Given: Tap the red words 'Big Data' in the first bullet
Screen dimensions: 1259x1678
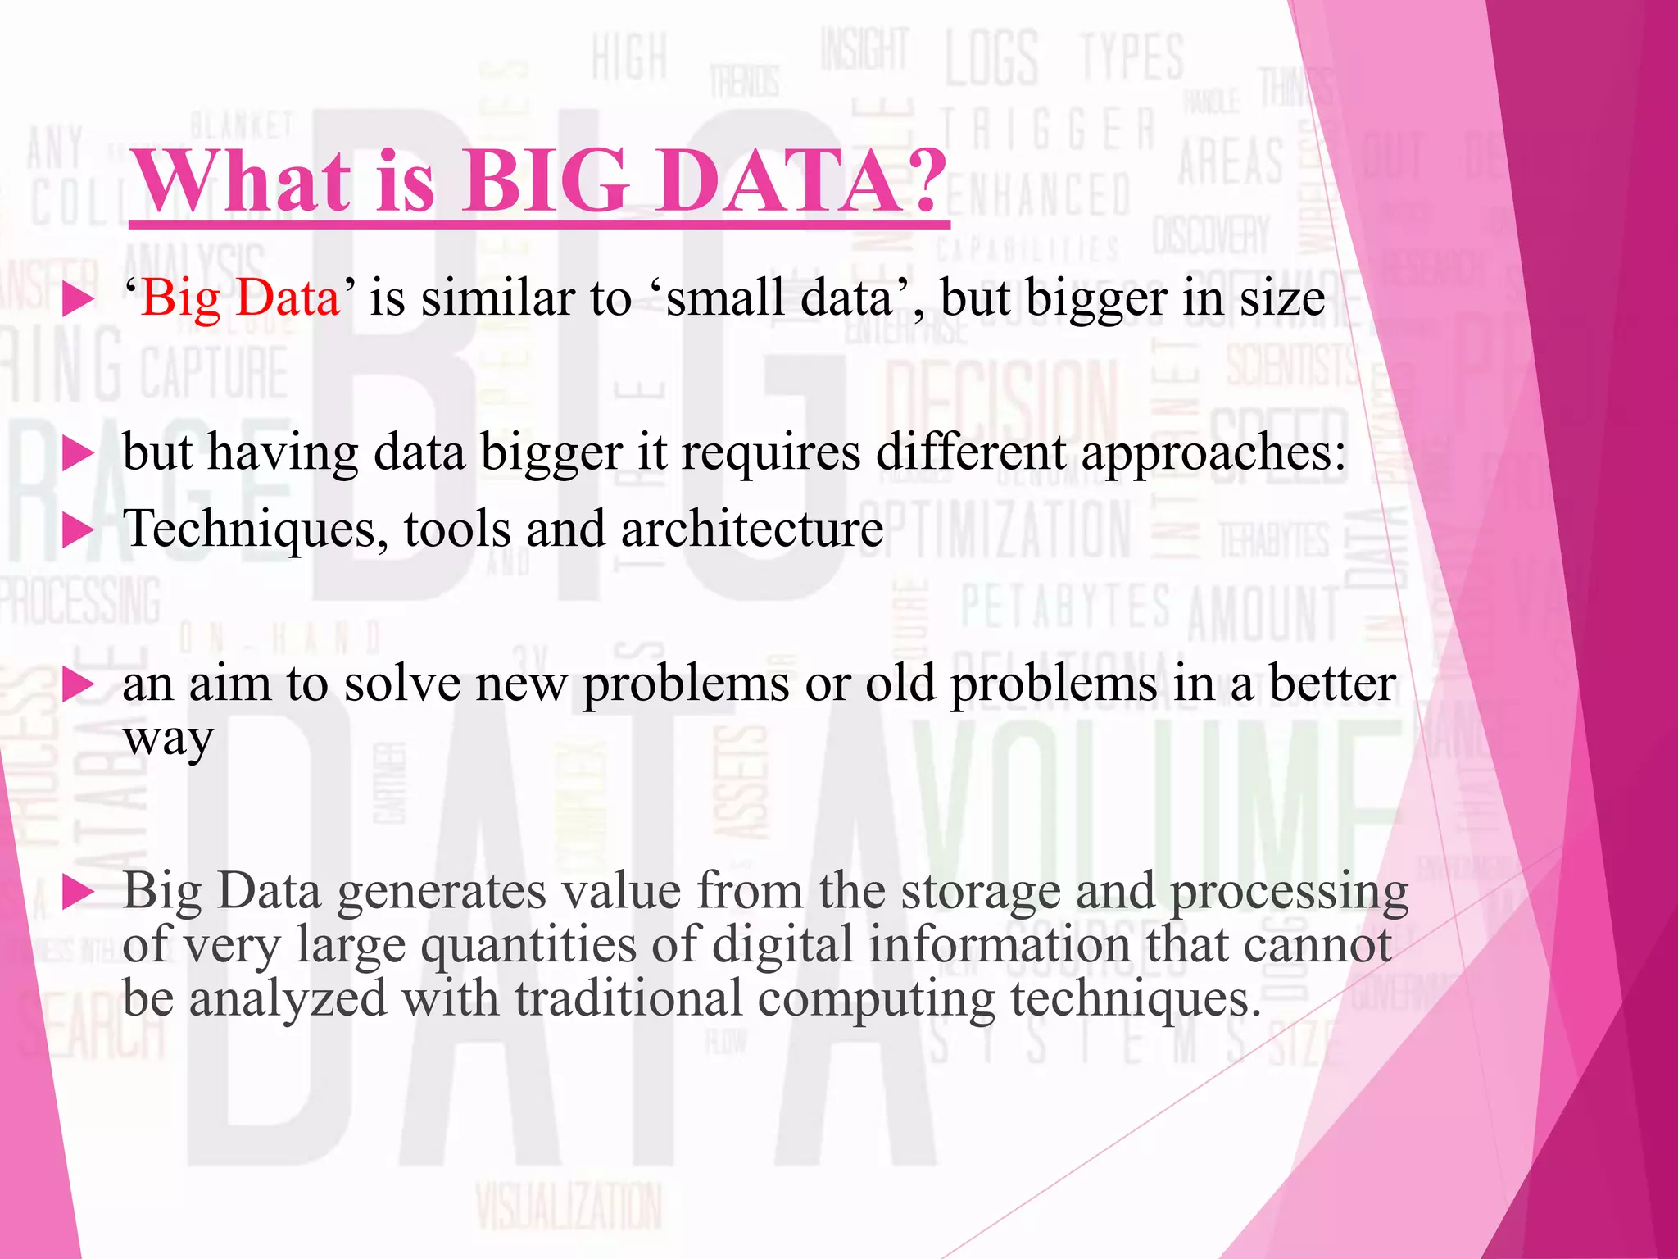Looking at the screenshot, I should [240, 298].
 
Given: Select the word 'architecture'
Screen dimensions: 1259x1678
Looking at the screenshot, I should [752, 530].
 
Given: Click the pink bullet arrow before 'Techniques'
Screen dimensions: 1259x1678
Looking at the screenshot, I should [79, 531].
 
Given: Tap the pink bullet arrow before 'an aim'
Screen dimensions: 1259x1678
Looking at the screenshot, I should [79, 685].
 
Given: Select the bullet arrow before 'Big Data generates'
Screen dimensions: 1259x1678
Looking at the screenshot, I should [79, 893].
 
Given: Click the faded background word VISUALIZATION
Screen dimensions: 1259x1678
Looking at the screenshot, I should [569, 1206].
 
